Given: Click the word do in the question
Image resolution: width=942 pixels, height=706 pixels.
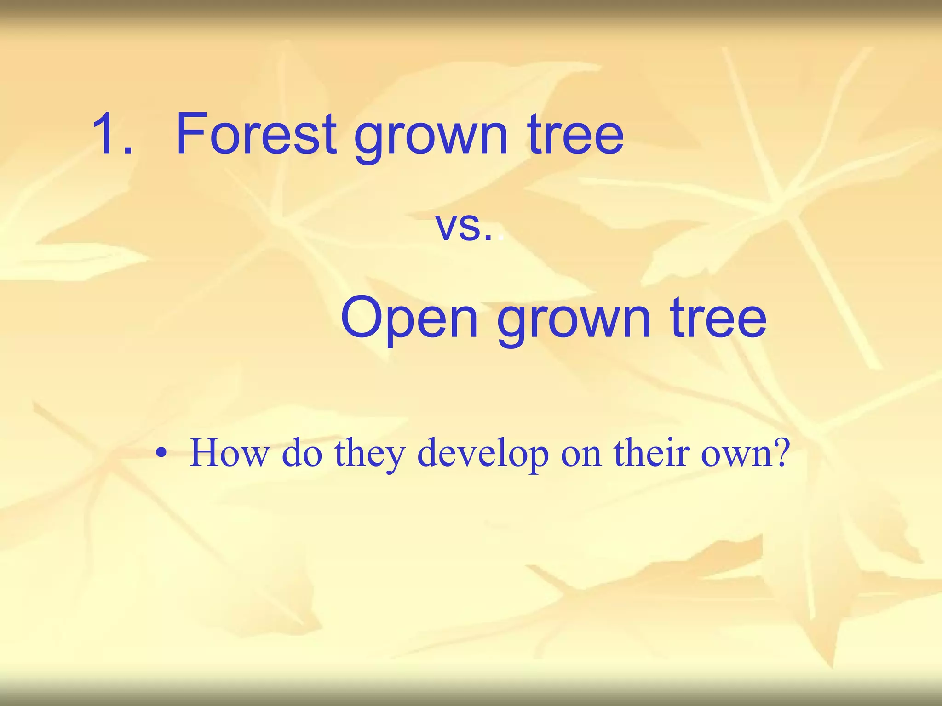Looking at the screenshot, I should pos(301,453).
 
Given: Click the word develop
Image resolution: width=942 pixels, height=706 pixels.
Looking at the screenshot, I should pos(483,455).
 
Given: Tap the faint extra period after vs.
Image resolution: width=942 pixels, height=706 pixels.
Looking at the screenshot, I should pos(500,239).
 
